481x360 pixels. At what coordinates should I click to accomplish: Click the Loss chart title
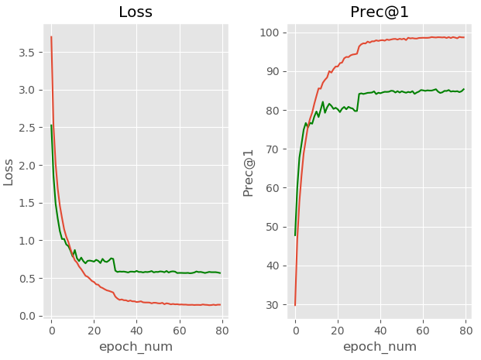click(135, 12)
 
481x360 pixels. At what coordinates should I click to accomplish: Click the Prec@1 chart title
click(380, 12)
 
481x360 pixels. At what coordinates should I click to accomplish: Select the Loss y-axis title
click(9, 171)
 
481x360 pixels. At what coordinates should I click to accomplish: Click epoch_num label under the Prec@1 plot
click(380, 347)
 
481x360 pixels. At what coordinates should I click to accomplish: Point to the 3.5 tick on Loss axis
click(26, 52)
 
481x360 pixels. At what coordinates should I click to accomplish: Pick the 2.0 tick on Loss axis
click(26, 165)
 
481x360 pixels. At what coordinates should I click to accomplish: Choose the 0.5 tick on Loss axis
click(26, 278)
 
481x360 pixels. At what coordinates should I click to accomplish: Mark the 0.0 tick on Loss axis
click(26, 316)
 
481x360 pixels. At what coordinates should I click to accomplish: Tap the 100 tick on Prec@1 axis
click(269, 33)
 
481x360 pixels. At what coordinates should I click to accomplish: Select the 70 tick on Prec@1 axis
click(272, 149)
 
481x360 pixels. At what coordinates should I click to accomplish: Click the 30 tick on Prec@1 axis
click(272, 305)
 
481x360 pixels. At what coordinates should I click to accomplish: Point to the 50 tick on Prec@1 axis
click(272, 227)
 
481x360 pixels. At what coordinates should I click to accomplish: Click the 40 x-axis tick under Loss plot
click(136, 329)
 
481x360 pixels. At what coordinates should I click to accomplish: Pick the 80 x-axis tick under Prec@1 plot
click(466, 329)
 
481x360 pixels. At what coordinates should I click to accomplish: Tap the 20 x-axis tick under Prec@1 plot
click(338, 329)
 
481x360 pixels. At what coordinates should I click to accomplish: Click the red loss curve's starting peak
click(51, 36)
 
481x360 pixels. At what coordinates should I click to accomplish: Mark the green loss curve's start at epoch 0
click(51, 125)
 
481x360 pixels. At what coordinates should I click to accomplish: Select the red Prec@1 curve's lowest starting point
click(295, 305)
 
